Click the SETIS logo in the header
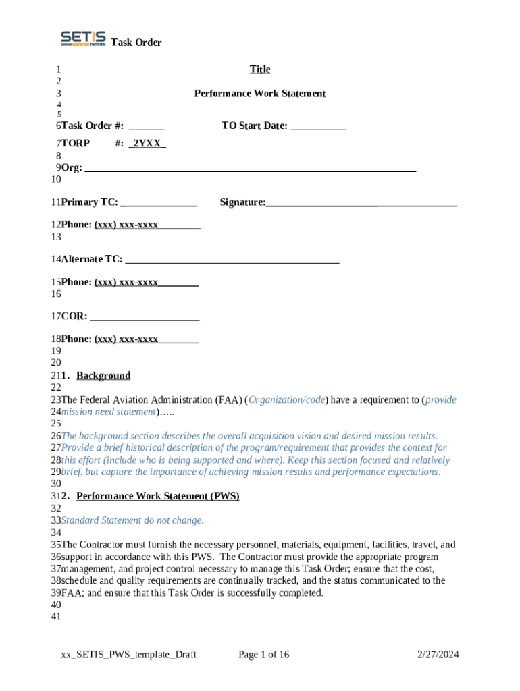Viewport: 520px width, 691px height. (83, 39)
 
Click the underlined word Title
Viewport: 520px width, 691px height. (259, 70)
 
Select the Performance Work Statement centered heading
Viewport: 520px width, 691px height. (259, 94)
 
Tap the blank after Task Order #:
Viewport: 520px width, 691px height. (147, 126)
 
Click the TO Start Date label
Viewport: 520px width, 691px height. (254, 126)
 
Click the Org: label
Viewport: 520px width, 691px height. (72, 168)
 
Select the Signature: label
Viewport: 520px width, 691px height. (242, 202)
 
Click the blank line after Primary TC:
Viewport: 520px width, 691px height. (159, 203)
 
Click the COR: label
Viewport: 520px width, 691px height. (74, 316)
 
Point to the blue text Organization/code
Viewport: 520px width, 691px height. (287, 400)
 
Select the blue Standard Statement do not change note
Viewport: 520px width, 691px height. (132, 520)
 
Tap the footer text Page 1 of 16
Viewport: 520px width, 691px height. (264, 654)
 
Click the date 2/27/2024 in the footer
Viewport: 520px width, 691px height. (438, 654)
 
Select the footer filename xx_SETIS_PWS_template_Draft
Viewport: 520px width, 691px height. (128, 654)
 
